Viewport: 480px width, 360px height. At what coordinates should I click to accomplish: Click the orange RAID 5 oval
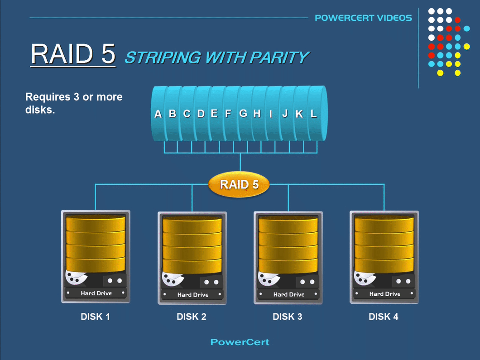point(239,184)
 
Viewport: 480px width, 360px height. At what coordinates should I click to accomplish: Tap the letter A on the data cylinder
point(158,114)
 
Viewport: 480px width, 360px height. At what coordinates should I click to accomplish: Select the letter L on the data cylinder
point(313,114)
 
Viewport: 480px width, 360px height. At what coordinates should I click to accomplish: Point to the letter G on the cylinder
point(243,113)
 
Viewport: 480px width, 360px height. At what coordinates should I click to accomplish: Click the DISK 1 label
point(95,317)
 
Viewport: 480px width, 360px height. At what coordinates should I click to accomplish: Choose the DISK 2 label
point(192,317)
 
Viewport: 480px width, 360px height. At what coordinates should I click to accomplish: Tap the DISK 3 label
point(288,317)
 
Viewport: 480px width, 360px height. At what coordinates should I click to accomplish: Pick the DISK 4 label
point(384,317)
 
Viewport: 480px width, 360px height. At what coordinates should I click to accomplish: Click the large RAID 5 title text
point(73,54)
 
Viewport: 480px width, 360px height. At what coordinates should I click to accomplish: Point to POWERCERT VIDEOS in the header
point(363,18)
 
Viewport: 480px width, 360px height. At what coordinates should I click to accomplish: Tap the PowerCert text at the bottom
point(240,342)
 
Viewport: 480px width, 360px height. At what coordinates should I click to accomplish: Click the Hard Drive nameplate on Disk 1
point(96,293)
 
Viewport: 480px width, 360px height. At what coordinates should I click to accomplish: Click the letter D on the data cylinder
point(201,114)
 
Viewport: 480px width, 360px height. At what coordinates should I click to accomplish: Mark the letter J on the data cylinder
point(285,114)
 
